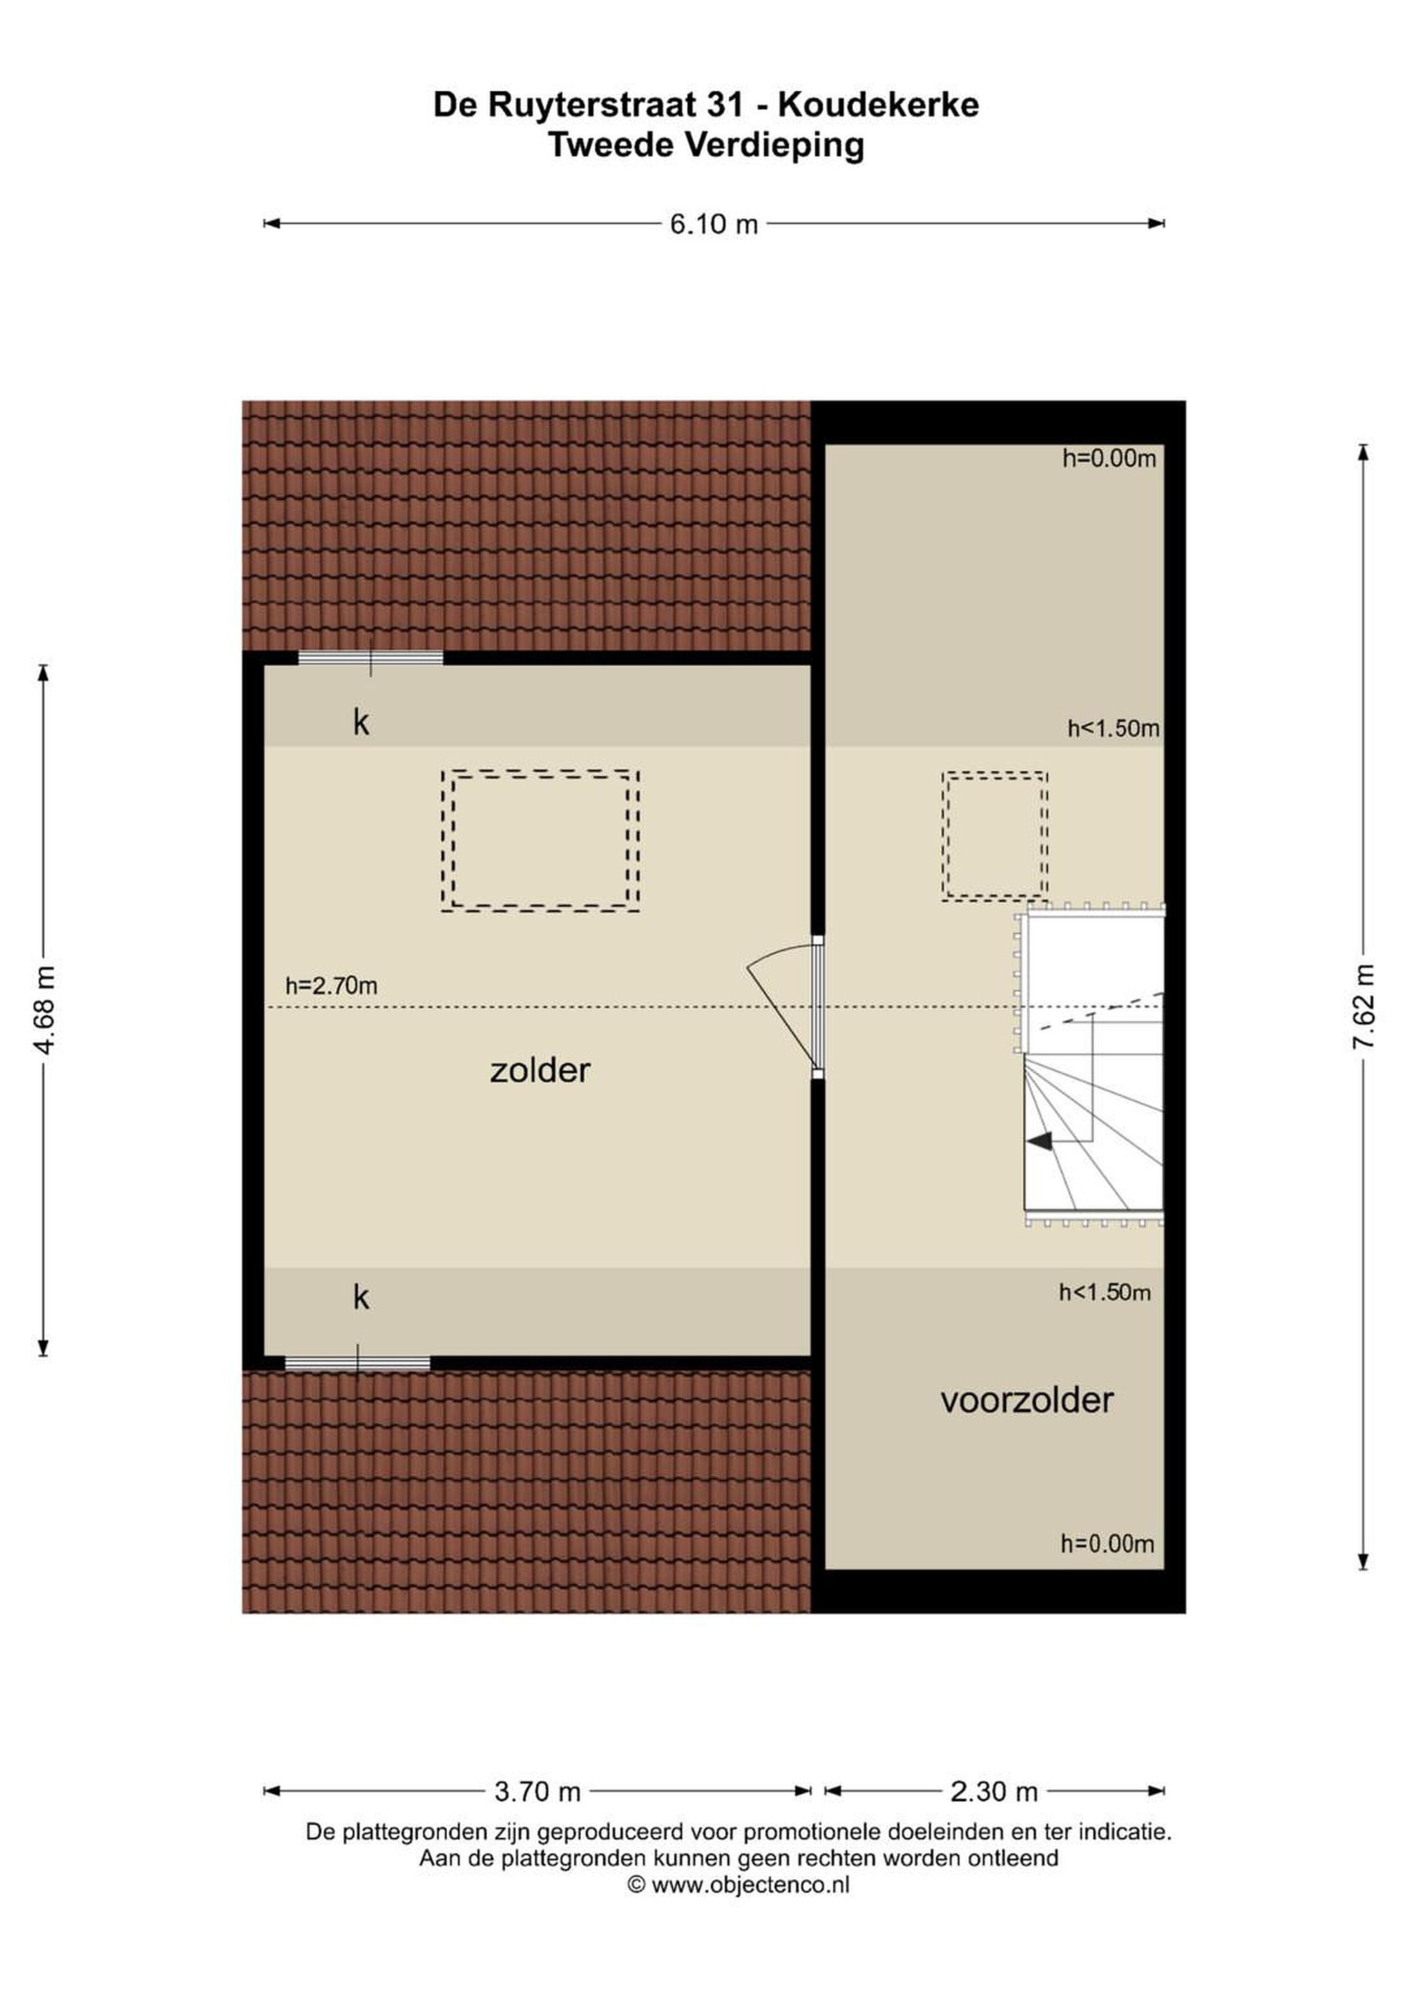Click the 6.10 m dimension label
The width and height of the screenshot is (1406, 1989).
(x=714, y=224)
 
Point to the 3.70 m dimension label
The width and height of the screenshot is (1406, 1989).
(x=537, y=1791)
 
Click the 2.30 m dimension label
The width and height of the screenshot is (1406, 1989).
(x=994, y=1791)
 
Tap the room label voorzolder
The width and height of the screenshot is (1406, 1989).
(x=1027, y=1401)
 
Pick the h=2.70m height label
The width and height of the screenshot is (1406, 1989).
(x=331, y=986)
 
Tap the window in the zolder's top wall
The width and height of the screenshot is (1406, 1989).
(x=371, y=658)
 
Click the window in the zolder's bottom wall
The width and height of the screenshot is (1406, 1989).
(x=358, y=1363)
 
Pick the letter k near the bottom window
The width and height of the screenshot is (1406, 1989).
(x=360, y=1297)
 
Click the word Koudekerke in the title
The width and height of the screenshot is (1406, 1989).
(x=878, y=105)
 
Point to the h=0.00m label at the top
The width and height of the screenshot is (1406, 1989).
(x=1109, y=459)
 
